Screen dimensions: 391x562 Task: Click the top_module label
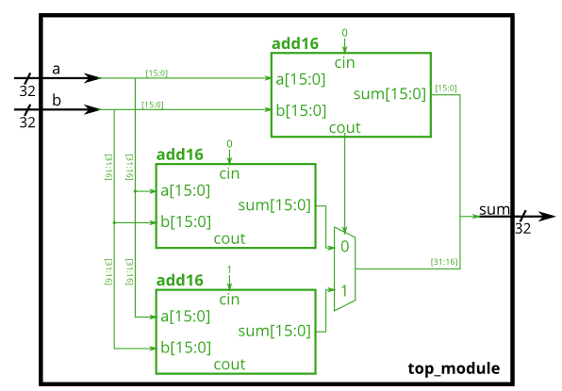point(454,368)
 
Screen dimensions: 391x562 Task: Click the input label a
point(56,69)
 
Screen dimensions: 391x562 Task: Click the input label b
point(56,101)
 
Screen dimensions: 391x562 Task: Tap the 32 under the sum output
point(522,229)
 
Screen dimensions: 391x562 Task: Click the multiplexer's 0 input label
point(345,246)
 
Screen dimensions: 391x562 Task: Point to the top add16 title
point(295,43)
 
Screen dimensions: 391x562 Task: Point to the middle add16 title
point(179,155)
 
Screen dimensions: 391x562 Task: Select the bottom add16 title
point(179,280)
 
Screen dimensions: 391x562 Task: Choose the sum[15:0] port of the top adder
point(389,93)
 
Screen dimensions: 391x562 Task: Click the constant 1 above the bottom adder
point(229,269)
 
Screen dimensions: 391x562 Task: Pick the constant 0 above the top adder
point(344,33)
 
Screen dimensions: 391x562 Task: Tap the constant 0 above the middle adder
point(229,143)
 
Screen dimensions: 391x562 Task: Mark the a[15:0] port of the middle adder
point(185,190)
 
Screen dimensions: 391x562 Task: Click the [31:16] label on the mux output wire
point(443,261)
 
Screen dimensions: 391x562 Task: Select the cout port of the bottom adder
point(229,365)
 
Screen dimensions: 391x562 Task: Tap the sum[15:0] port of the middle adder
point(273,205)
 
